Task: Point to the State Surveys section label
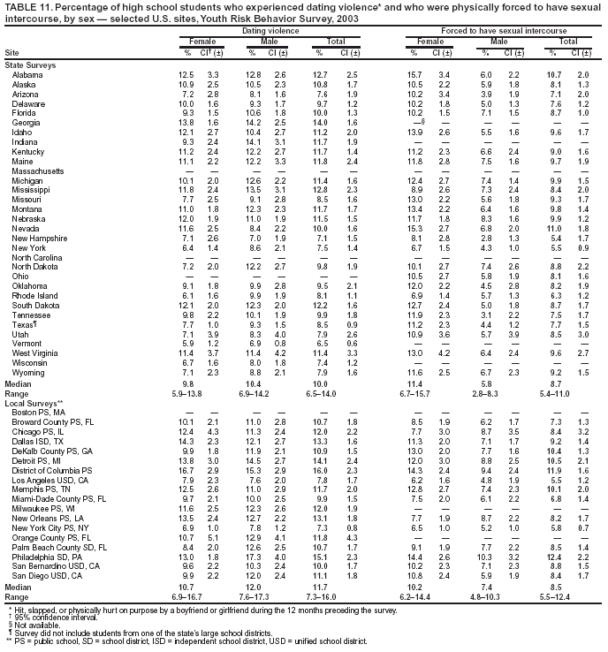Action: point(28,65)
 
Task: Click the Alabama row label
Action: point(26,74)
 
